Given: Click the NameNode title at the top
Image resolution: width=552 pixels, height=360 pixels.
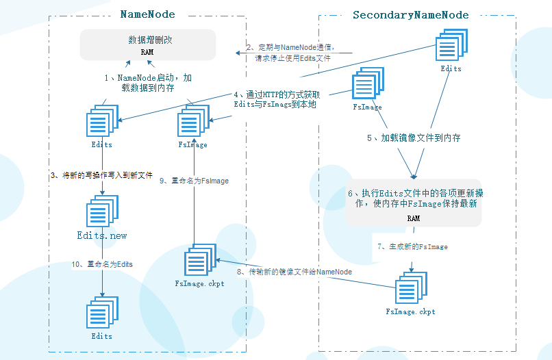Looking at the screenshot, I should [x=147, y=14].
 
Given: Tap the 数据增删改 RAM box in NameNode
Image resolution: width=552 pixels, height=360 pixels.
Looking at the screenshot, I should [x=148, y=44].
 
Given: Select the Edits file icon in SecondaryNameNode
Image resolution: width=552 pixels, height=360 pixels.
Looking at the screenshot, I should [x=452, y=46].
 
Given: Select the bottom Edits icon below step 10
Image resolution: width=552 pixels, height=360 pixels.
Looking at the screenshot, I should [x=102, y=314].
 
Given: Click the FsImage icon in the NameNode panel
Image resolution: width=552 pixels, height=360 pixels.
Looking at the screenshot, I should [x=193, y=124].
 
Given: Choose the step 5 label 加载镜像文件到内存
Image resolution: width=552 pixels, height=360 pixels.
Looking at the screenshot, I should [x=413, y=138].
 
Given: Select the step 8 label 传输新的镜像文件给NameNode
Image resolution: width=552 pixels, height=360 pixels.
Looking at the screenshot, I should [x=294, y=272].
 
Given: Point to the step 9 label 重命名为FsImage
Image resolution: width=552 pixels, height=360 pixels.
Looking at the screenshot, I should [x=194, y=181].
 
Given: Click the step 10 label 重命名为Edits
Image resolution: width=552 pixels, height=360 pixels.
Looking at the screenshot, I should [x=102, y=263].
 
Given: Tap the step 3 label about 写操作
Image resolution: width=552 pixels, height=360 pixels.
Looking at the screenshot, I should [x=101, y=175].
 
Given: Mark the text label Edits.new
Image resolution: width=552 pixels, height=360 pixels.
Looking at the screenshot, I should [x=102, y=235].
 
